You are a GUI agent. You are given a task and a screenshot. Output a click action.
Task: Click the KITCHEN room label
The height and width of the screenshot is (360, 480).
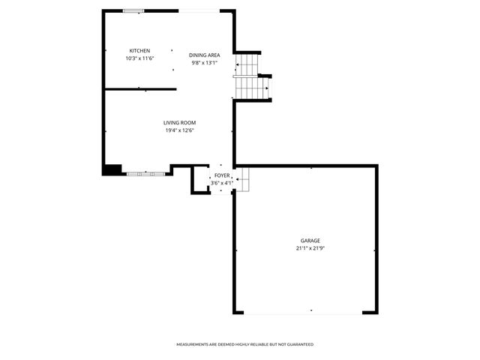pyautogui.click(x=139, y=51)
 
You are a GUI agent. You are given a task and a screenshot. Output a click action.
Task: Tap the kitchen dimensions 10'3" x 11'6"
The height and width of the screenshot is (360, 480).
pyautogui.click(x=139, y=58)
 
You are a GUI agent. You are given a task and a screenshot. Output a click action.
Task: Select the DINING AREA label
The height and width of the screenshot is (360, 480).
pyautogui.click(x=204, y=55)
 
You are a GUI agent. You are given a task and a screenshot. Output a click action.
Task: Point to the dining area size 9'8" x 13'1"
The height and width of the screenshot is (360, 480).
pyautogui.click(x=204, y=62)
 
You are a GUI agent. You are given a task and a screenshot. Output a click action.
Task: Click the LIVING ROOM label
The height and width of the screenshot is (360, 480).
pyautogui.click(x=180, y=123)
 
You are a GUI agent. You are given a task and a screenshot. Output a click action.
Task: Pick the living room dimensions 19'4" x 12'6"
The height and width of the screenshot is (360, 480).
pyautogui.click(x=180, y=130)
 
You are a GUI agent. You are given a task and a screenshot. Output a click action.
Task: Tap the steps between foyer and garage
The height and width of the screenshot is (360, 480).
pyautogui.click(x=243, y=178)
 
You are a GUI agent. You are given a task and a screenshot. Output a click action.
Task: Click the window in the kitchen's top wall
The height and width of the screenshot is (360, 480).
pyautogui.click(x=134, y=10)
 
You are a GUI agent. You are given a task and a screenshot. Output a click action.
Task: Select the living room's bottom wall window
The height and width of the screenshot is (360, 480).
pyautogui.click(x=145, y=173)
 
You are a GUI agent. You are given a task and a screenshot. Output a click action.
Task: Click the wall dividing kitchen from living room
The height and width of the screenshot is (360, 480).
pyautogui.click(x=140, y=89)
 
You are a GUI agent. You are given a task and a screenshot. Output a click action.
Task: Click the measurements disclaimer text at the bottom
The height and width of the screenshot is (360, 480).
pyautogui.click(x=244, y=344)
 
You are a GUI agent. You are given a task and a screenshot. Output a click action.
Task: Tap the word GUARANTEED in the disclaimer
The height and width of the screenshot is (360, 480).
pyautogui.click(x=299, y=344)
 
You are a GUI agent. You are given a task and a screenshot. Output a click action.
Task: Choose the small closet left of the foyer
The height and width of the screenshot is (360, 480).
pyautogui.click(x=200, y=180)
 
